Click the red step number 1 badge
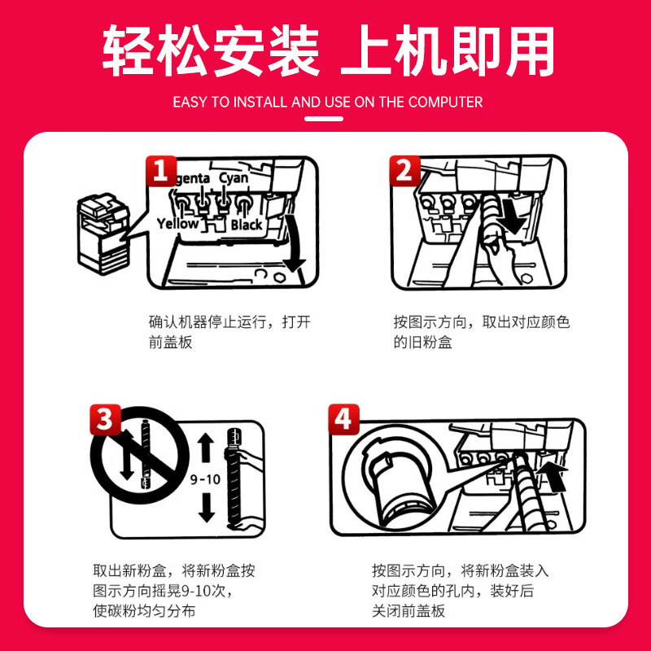tap(161, 171)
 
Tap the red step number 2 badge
tap(404, 171)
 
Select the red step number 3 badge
tap(106, 419)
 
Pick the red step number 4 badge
tap(343, 419)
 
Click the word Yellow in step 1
tap(177, 225)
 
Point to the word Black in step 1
tap(247, 225)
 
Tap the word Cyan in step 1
tap(234, 179)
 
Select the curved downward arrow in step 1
tap(295, 245)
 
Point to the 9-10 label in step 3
tap(205, 479)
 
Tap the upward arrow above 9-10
tap(206, 448)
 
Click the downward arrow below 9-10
tap(207, 506)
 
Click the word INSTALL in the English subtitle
tap(260, 103)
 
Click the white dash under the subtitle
tap(324, 119)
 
